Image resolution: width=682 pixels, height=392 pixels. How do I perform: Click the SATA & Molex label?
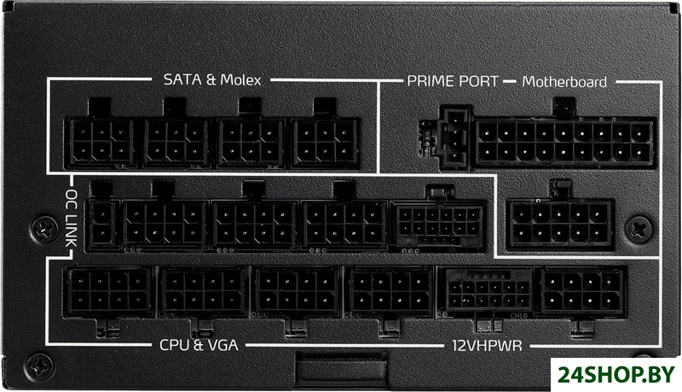211,81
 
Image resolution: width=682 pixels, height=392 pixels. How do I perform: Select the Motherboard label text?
564,82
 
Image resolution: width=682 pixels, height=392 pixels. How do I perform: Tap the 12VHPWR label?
483,346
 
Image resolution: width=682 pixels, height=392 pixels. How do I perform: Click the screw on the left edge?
42,228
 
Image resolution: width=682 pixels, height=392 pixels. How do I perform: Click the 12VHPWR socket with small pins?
482,293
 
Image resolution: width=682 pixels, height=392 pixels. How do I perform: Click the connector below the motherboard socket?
559,223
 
